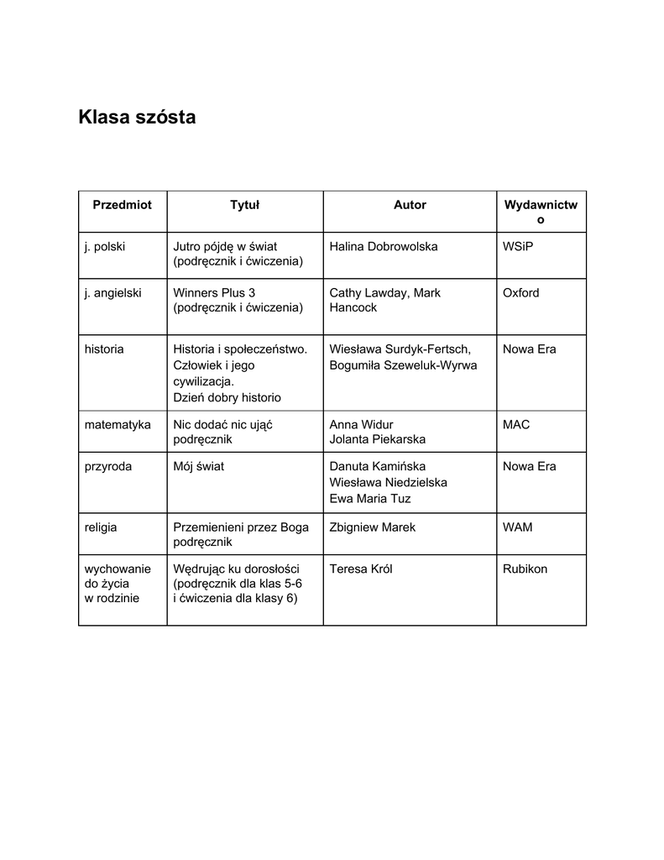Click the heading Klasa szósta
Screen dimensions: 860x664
pyautogui.click(x=137, y=117)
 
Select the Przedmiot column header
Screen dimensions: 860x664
pyautogui.click(x=123, y=205)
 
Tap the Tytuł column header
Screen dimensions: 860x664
pyautogui.click(x=245, y=205)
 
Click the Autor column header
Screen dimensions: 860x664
pyautogui.click(x=410, y=205)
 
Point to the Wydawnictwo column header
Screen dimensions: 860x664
pyautogui.click(x=541, y=212)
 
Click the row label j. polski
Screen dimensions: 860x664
pyautogui.click(x=105, y=247)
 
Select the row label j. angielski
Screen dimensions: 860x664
pyautogui.click(x=112, y=293)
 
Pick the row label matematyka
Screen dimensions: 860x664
pyautogui.click(x=118, y=425)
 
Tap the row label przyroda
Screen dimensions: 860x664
pyautogui.click(x=108, y=467)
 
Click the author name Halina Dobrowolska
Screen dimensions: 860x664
pyautogui.click(x=383, y=247)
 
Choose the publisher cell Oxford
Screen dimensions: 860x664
pyautogui.click(x=521, y=293)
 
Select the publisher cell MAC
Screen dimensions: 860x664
pyautogui.click(x=516, y=425)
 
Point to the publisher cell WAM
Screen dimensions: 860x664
pyautogui.click(x=518, y=527)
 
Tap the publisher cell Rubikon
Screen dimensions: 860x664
pyautogui.click(x=525, y=569)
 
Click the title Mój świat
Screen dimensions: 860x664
pyautogui.click(x=199, y=467)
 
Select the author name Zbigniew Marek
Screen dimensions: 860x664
pyautogui.click(x=372, y=527)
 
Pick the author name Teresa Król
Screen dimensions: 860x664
pyautogui.click(x=361, y=569)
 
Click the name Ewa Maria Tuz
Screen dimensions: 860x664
pyautogui.click(x=370, y=499)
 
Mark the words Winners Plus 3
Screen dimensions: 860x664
pyautogui.click(x=214, y=293)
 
